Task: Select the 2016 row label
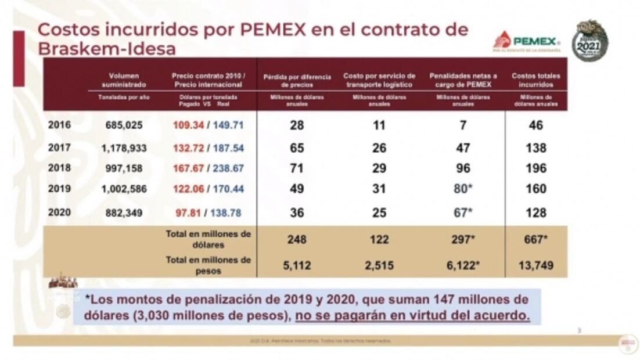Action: (59, 125)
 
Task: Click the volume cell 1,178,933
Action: (124, 148)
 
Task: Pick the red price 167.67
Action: (187, 168)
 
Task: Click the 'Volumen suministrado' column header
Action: (124, 80)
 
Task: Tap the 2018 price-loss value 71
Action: (297, 168)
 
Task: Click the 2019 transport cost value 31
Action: (379, 189)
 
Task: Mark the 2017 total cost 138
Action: (535, 148)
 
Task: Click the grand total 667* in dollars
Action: (535, 239)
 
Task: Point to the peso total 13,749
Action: (535, 265)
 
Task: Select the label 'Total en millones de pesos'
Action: (208, 265)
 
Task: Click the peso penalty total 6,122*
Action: (463, 265)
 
